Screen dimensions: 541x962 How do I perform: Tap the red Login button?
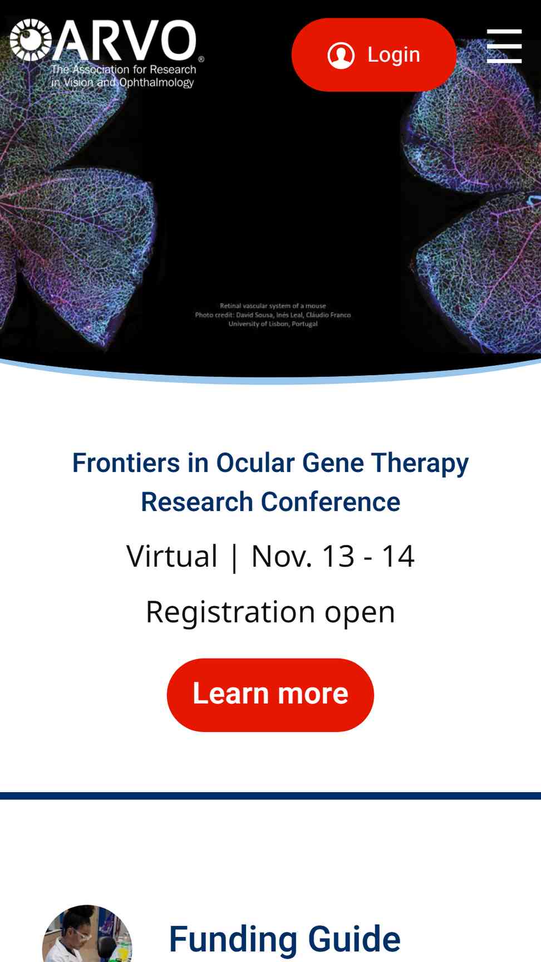[374, 55]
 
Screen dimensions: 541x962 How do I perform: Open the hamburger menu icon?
[504, 46]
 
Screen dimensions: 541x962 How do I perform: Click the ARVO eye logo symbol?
[31, 40]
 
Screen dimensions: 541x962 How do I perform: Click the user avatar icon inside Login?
[341, 55]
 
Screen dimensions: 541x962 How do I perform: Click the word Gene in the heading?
[333, 463]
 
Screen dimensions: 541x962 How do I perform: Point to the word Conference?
[331, 502]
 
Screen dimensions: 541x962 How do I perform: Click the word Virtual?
[172, 556]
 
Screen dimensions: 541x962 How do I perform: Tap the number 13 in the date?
[338, 556]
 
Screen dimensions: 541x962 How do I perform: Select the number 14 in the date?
[398, 556]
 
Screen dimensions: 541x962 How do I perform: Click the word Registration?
[230, 612]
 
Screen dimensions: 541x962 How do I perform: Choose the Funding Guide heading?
[284, 939]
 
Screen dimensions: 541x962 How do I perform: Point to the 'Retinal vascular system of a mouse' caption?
[273, 306]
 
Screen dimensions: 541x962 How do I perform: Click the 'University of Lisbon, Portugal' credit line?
[273, 323]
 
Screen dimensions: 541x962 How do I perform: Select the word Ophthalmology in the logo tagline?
[156, 82]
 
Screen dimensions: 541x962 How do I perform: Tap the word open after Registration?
[360, 612]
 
